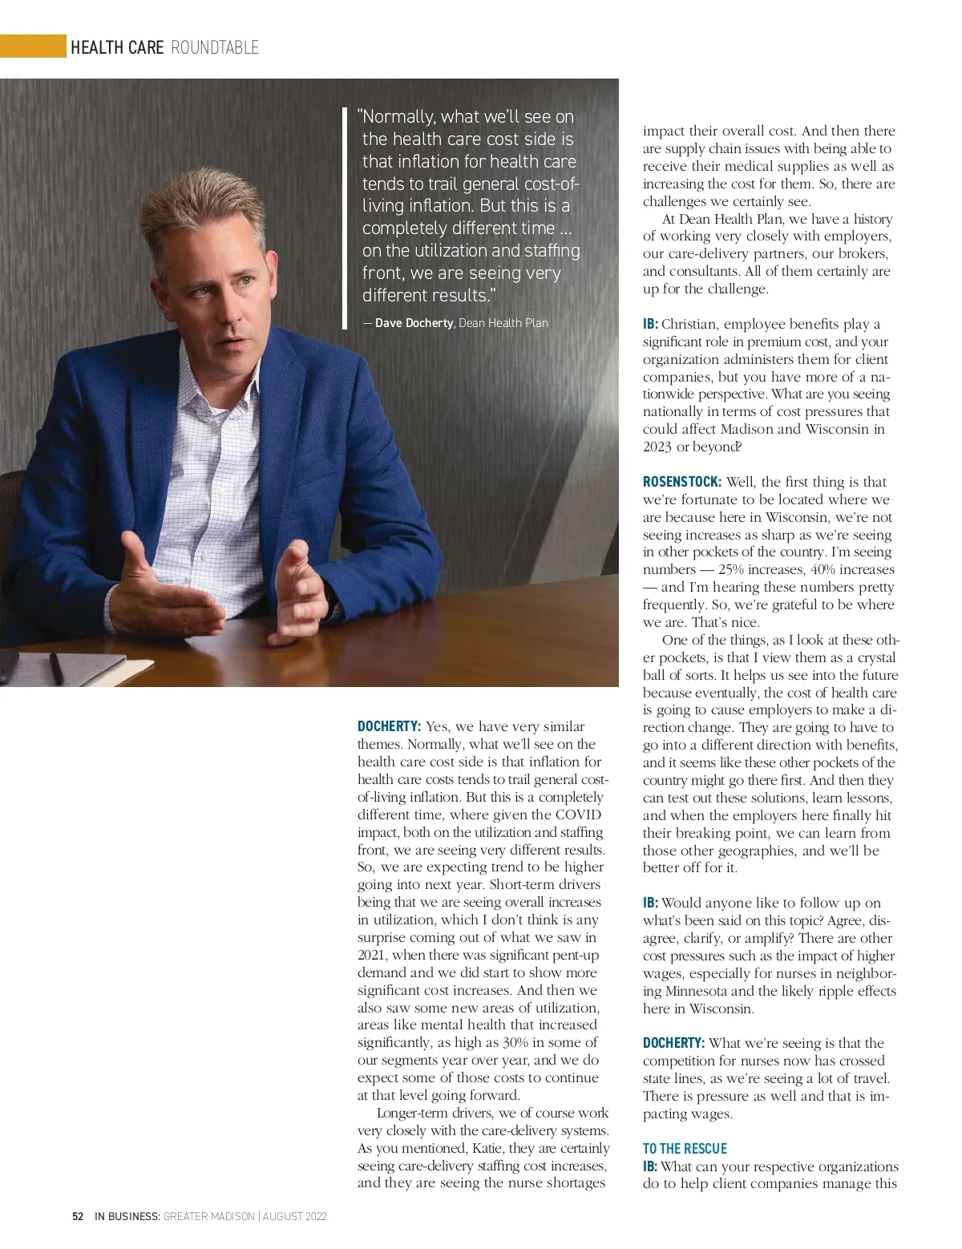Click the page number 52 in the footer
[78, 1216]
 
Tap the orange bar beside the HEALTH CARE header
[33, 46]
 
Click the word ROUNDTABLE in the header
[215, 48]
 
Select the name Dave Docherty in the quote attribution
[414, 323]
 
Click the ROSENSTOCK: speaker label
[681, 482]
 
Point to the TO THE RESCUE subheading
[685, 1149]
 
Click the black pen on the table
[56, 667]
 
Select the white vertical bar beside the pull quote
[345, 212]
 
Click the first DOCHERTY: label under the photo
[389, 726]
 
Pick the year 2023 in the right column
[657, 447]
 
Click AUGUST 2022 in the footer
[294, 1216]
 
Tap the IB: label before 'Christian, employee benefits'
[650, 324]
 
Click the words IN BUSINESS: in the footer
[127, 1216]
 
